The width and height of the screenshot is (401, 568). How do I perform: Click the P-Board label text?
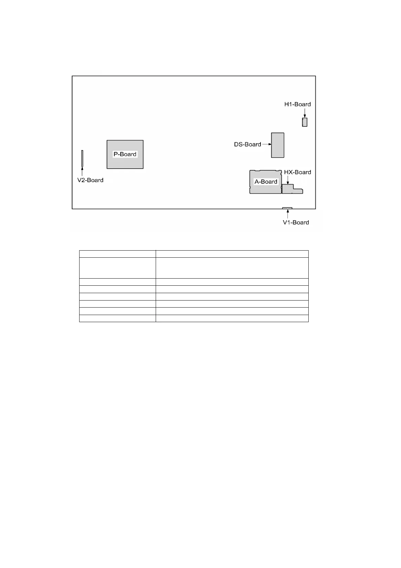pos(125,154)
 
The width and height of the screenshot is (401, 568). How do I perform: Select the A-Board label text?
pos(266,181)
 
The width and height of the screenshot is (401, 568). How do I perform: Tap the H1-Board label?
pos(298,104)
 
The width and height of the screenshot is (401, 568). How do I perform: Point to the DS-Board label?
pos(247,144)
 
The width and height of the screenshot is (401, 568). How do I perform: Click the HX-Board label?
pos(298,172)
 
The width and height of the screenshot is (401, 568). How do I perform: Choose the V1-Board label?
pos(296,222)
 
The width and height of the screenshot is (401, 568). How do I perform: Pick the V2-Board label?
pos(90,180)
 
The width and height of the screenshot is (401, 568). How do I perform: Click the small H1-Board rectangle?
pos(305,122)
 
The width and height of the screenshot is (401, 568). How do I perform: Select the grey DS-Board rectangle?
pos(278,145)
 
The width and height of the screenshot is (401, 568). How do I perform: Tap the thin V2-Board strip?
pos(82,158)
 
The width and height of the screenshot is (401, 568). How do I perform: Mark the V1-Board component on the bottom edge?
pos(287,208)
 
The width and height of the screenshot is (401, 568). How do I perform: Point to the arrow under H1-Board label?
pos(305,113)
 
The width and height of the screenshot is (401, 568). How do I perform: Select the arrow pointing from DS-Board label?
pos(267,144)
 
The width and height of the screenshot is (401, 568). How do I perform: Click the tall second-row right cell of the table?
pos(232,268)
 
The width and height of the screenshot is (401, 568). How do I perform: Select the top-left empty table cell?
pos(117,254)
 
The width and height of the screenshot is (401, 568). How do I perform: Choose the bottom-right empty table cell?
pos(232,318)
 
